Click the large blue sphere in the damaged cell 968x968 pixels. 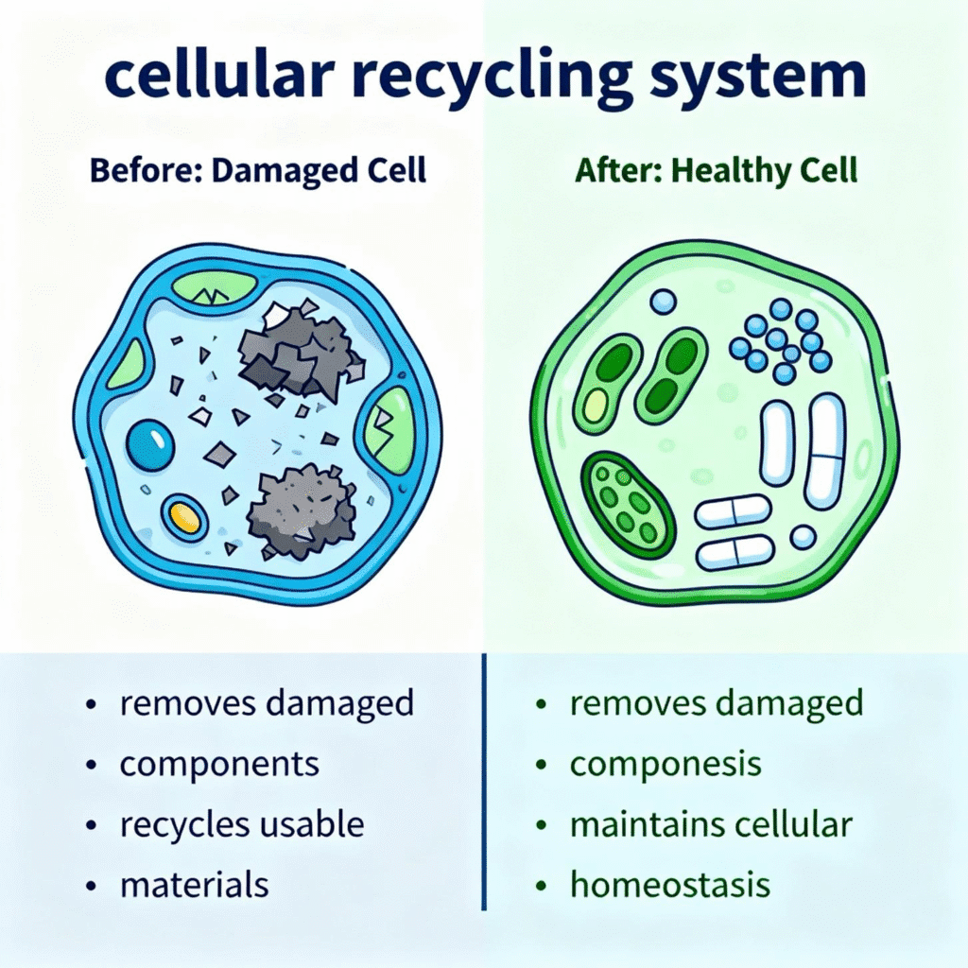pyautogui.click(x=150, y=444)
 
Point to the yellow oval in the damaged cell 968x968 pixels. pyautogui.click(x=185, y=517)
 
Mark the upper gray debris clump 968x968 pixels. pyautogui.click(x=300, y=352)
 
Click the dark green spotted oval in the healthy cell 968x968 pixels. pyautogui.click(x=628, y=504)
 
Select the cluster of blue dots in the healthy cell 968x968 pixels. pyautogui.click(x=781, y=341)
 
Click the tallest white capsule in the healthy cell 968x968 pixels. pyautogui.click(x=824, y=451)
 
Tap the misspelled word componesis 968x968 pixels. pyautogui.click(x=665, y=764)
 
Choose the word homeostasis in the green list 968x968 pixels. pyautogui.click(x=670, y=885)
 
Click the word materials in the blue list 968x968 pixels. pyautogui.click(x=194, y=885)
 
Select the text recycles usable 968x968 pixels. pyautogui.click(x=242, y=824)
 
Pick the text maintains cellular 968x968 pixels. pyautogui.click(x=711, y=824)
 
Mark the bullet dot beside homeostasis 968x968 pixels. pyautogui.click(x=542, y=886)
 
